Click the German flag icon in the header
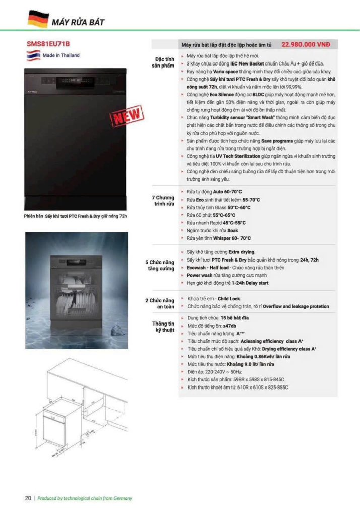[37, 19]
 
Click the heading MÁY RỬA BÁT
[78, 22]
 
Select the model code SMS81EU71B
[48, 44]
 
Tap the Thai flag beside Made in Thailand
[33, 55]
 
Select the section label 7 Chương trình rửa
[163, 200]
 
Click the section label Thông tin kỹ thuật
[163, 327]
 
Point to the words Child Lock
[229, 299]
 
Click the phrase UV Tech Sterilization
[239, 157]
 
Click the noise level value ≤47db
[236, 326]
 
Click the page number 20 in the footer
[28, 498]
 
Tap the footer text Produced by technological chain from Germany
[85, 498]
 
